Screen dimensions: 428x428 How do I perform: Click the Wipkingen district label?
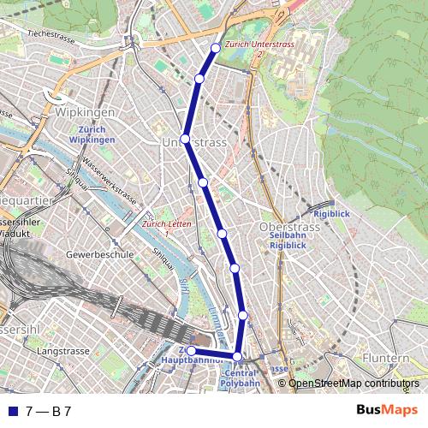pos(84,112)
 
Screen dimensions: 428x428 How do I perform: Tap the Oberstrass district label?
pos(288,227)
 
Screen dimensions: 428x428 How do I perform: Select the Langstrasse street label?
pos(64,351)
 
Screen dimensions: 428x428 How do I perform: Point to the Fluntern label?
pos(385,357)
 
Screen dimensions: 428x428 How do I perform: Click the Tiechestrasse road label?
pos(51,35)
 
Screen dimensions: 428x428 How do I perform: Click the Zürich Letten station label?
pos(167,224)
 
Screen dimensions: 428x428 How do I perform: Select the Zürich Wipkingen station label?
pos(92,134)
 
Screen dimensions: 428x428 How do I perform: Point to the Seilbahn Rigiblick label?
pos(288,240)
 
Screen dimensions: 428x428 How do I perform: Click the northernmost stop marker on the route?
pos(216,48)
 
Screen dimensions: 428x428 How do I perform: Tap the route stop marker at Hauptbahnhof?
pos(192,351)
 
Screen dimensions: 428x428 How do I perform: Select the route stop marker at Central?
pos(237,356)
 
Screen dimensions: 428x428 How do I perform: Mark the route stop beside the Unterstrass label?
pos(185,138)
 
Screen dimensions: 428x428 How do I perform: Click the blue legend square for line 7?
pos(12,411)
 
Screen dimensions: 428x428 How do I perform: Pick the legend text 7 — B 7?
pos(48,411)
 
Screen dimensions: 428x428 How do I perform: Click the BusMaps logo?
pos(387,410)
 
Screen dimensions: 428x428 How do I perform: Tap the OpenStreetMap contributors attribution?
pos(353,383)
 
